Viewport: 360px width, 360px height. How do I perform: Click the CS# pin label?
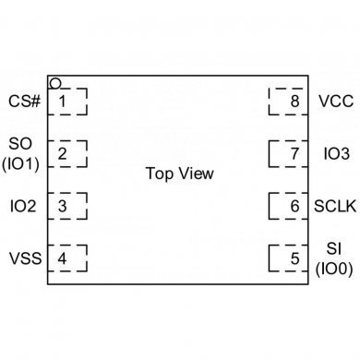point(25,101)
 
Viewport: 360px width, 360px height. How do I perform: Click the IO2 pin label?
point(23,206)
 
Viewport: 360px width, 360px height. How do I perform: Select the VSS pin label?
point(25,258)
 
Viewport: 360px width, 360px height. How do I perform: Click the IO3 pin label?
point(333,153)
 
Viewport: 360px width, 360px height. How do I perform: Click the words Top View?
point(179,174)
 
